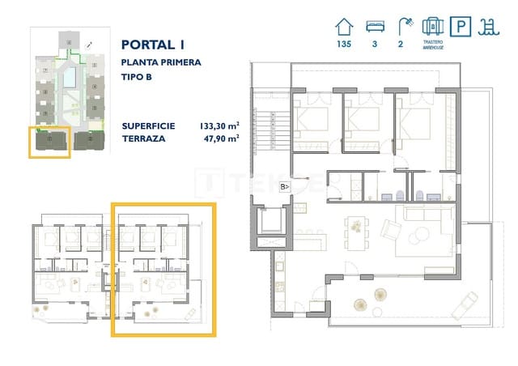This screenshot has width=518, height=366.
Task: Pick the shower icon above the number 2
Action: pos(401,25)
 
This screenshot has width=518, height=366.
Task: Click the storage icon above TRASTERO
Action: pos(431,24)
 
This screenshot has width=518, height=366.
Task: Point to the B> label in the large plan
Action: pos(285,187)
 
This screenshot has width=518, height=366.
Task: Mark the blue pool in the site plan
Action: pos(70,78)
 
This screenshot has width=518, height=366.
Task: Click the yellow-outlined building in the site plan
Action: pos(49,141)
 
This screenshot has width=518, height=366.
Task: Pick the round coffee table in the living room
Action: pos(422,236)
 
